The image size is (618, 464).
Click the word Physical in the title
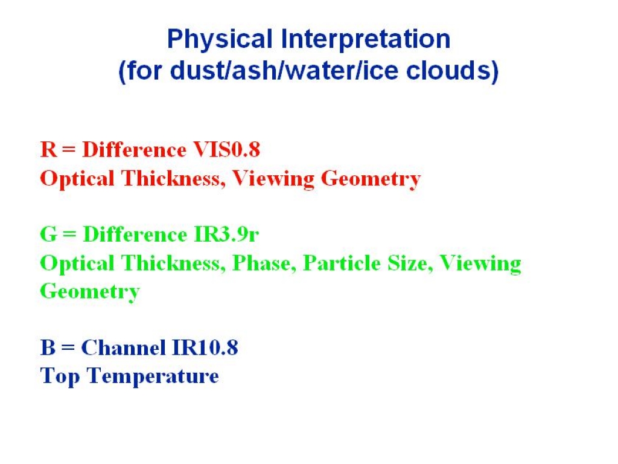[220, 39]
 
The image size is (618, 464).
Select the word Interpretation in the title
[366, 39]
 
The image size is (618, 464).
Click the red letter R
[48, 149]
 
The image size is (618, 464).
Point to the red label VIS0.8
[226, 149]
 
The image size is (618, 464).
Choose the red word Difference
[134, 149]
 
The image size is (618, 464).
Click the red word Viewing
[273, 179]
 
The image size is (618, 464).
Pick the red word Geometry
[371, 179]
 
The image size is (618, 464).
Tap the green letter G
[48, 234]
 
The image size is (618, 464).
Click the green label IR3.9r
[226, 234]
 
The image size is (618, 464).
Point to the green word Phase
[264, 263]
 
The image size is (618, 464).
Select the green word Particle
[342, 263]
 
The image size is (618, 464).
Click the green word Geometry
[90, 292]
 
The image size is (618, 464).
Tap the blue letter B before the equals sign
[48, 347]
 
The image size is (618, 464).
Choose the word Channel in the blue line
[123, 347]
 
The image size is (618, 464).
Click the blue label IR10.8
[205, 347]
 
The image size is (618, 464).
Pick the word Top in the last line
[60, 376]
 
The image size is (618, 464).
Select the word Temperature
[153, 376]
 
